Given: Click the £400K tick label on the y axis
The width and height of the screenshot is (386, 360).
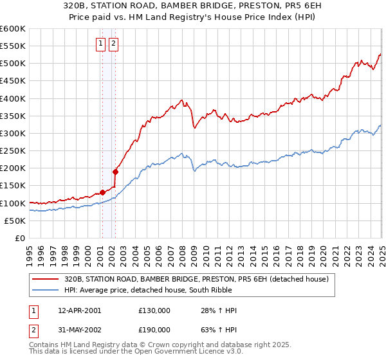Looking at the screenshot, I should tap(12, 98).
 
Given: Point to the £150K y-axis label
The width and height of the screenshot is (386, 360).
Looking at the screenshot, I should tap(12, 186).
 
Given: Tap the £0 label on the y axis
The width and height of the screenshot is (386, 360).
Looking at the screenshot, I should tap(19, 239).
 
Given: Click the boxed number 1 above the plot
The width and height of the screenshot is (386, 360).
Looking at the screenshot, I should tap(102, 44).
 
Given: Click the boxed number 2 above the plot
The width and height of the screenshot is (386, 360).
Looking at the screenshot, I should tap(113, 44).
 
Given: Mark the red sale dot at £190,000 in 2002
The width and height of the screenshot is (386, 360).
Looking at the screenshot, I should tap(116, 172).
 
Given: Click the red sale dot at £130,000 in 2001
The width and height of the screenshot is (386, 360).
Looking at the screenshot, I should tap(102, 192).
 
